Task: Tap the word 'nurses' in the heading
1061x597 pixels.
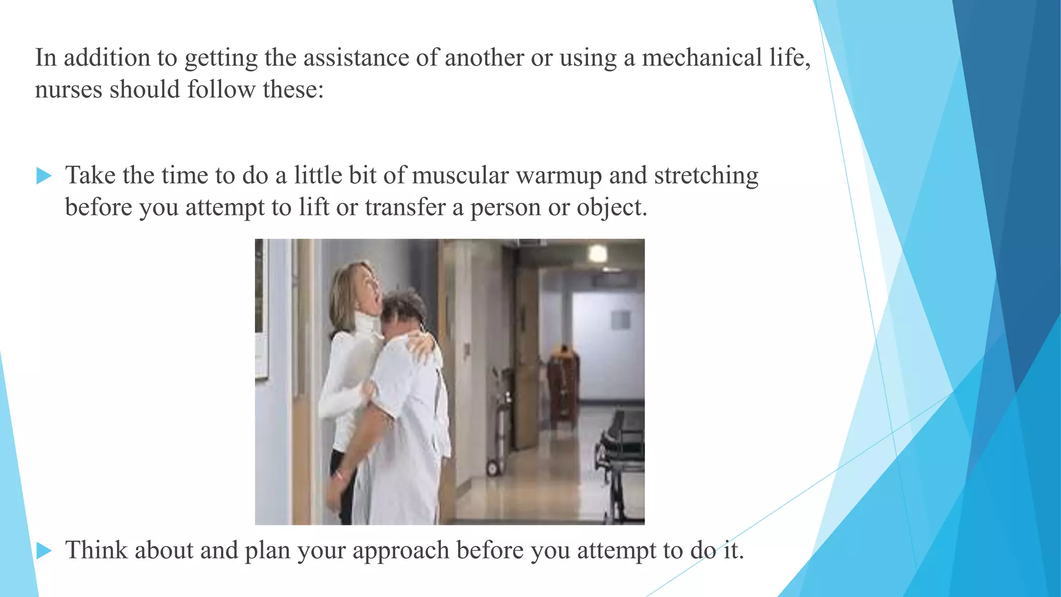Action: [68, 90]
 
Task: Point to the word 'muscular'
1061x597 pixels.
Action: [460, 175]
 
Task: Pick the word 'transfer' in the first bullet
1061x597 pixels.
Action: [405, 207]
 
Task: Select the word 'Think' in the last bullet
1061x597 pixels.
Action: [96, 550]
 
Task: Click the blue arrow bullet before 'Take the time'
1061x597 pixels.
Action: [44, 176]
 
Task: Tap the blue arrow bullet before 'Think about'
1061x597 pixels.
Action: [44, 551]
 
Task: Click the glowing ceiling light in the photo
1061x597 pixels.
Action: [597, 253]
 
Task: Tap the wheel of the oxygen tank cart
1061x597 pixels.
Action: [492, 468]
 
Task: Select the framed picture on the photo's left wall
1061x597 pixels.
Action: [262, 311]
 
